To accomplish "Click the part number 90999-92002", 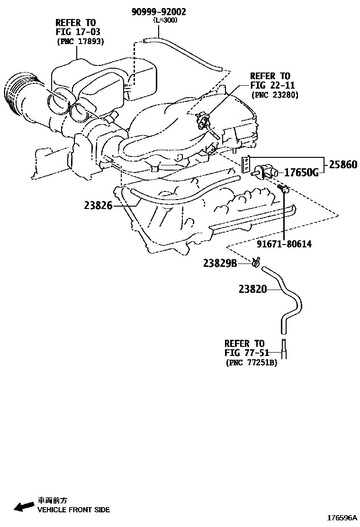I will pos(159,12).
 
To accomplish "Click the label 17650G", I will pos(301,173).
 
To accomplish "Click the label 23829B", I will pos(220,263).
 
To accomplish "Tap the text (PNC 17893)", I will pos(80,42).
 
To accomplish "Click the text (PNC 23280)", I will pos(274,95).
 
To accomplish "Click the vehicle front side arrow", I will pos(23,507).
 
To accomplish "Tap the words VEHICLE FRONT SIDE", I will pos(73,510).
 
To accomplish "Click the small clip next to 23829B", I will pos(256,262).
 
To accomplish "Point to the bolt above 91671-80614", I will pos(282,190).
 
